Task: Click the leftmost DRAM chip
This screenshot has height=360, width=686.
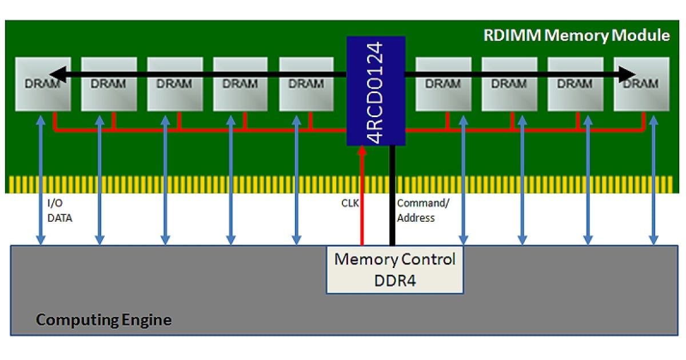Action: point(42,84)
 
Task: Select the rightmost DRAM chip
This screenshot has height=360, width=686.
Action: point(641,84)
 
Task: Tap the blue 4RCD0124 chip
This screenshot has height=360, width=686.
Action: point(376,90)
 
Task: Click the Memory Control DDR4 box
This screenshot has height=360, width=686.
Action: point(394,270)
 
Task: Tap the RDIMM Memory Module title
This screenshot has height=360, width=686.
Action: point(576,35)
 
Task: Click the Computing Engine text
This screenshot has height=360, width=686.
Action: point(103,319)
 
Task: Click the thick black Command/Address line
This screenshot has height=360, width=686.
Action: point(392,194)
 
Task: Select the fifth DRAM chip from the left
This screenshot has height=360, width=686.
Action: point(306,84)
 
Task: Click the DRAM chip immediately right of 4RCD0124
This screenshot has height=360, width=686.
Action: point(443,84)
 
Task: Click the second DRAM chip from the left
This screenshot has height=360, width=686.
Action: point(109,84)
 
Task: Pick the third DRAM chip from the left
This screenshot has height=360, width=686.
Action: point(175,84)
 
